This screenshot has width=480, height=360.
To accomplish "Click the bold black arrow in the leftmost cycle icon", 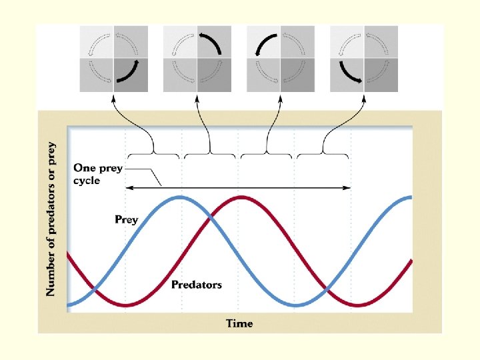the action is [x=131, y=73].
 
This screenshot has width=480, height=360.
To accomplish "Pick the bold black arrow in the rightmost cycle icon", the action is [x=348, y=73].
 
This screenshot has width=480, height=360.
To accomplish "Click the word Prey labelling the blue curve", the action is [x=126, y=219].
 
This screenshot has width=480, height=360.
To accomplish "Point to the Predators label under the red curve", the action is [x=197, y=285].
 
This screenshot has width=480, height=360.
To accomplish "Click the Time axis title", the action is [x=239, y=323].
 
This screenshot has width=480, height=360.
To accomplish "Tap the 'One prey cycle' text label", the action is [x=97, y=174].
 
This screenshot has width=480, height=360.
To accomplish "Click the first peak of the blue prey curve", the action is [x=179, y=197].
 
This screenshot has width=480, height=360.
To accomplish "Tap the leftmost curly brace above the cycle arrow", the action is [x=153, y=153].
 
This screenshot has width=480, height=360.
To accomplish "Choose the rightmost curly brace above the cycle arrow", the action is [x=323, y=153].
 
